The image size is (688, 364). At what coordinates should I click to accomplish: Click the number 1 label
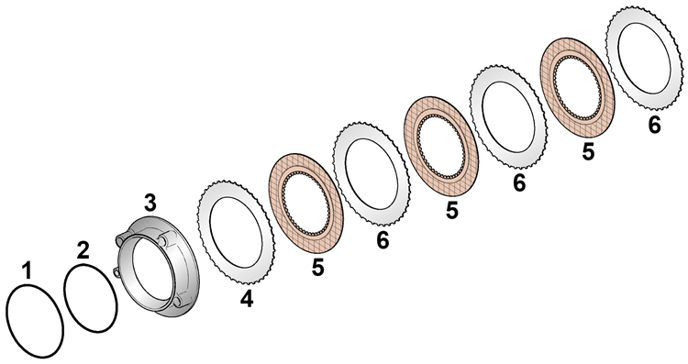(x=28, y=270)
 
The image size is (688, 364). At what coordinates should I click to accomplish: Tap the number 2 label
(x=83, y=250)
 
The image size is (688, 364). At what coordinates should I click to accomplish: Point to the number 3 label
(x=150, y=204)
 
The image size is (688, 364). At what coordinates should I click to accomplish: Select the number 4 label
(x=247, y=299)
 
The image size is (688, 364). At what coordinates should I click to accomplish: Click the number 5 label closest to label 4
(x=318, y=267)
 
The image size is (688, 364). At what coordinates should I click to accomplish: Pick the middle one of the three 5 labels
(x=452, y=211)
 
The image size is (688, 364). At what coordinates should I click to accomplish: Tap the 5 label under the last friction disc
(x=588, y=151)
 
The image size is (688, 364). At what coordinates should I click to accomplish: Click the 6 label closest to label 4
(x=383, y=240)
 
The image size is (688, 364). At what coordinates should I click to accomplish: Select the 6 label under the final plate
(x=654, y=125)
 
